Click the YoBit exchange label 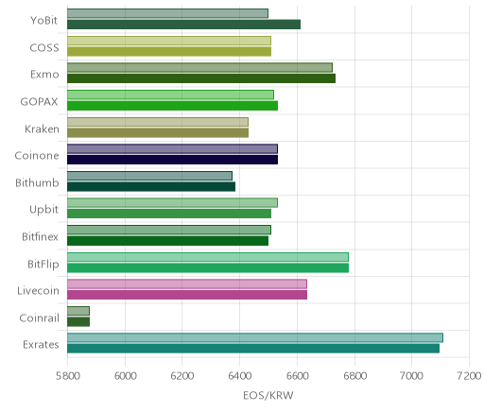pyautogui.click(x=44, y=21)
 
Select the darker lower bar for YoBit pyautogui.click(x=183, y=25)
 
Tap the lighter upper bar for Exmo pyautogui.click(x=199, y=67)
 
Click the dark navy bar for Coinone pyautogui.click(x=172, y=160)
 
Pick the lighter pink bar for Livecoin pyautogui.click(x=187, y=283)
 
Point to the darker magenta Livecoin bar pyautogui.click(x=187, y=295)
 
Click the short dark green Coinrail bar pyautogui.click(x=78, y=321)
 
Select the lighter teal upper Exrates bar pyautogui.click(x=255, y=337)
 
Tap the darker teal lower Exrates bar pyautogui.click(x=253, y=349)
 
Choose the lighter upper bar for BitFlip pyautogui.click(x=208, y=257)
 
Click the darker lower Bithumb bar pyautogui.click(x=151, y=186)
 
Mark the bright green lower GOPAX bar pyautogui.click(x=172, y=106)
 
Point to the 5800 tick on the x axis pyautogui.click(x=67, y=376)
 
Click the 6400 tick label pyautogui.click(x=239, y=376)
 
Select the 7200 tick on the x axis pyautogui.click(x=469, y=376)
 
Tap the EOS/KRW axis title pyautogui.click(x=268, y=395)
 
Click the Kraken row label pyautogui.click(x=42, y=129)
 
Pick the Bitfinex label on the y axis pyautogui.click(x=40, y=236)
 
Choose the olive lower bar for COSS pyautogui.click(x=169, y=51)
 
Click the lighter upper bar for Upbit pyautogui.click(x=172, y=202)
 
